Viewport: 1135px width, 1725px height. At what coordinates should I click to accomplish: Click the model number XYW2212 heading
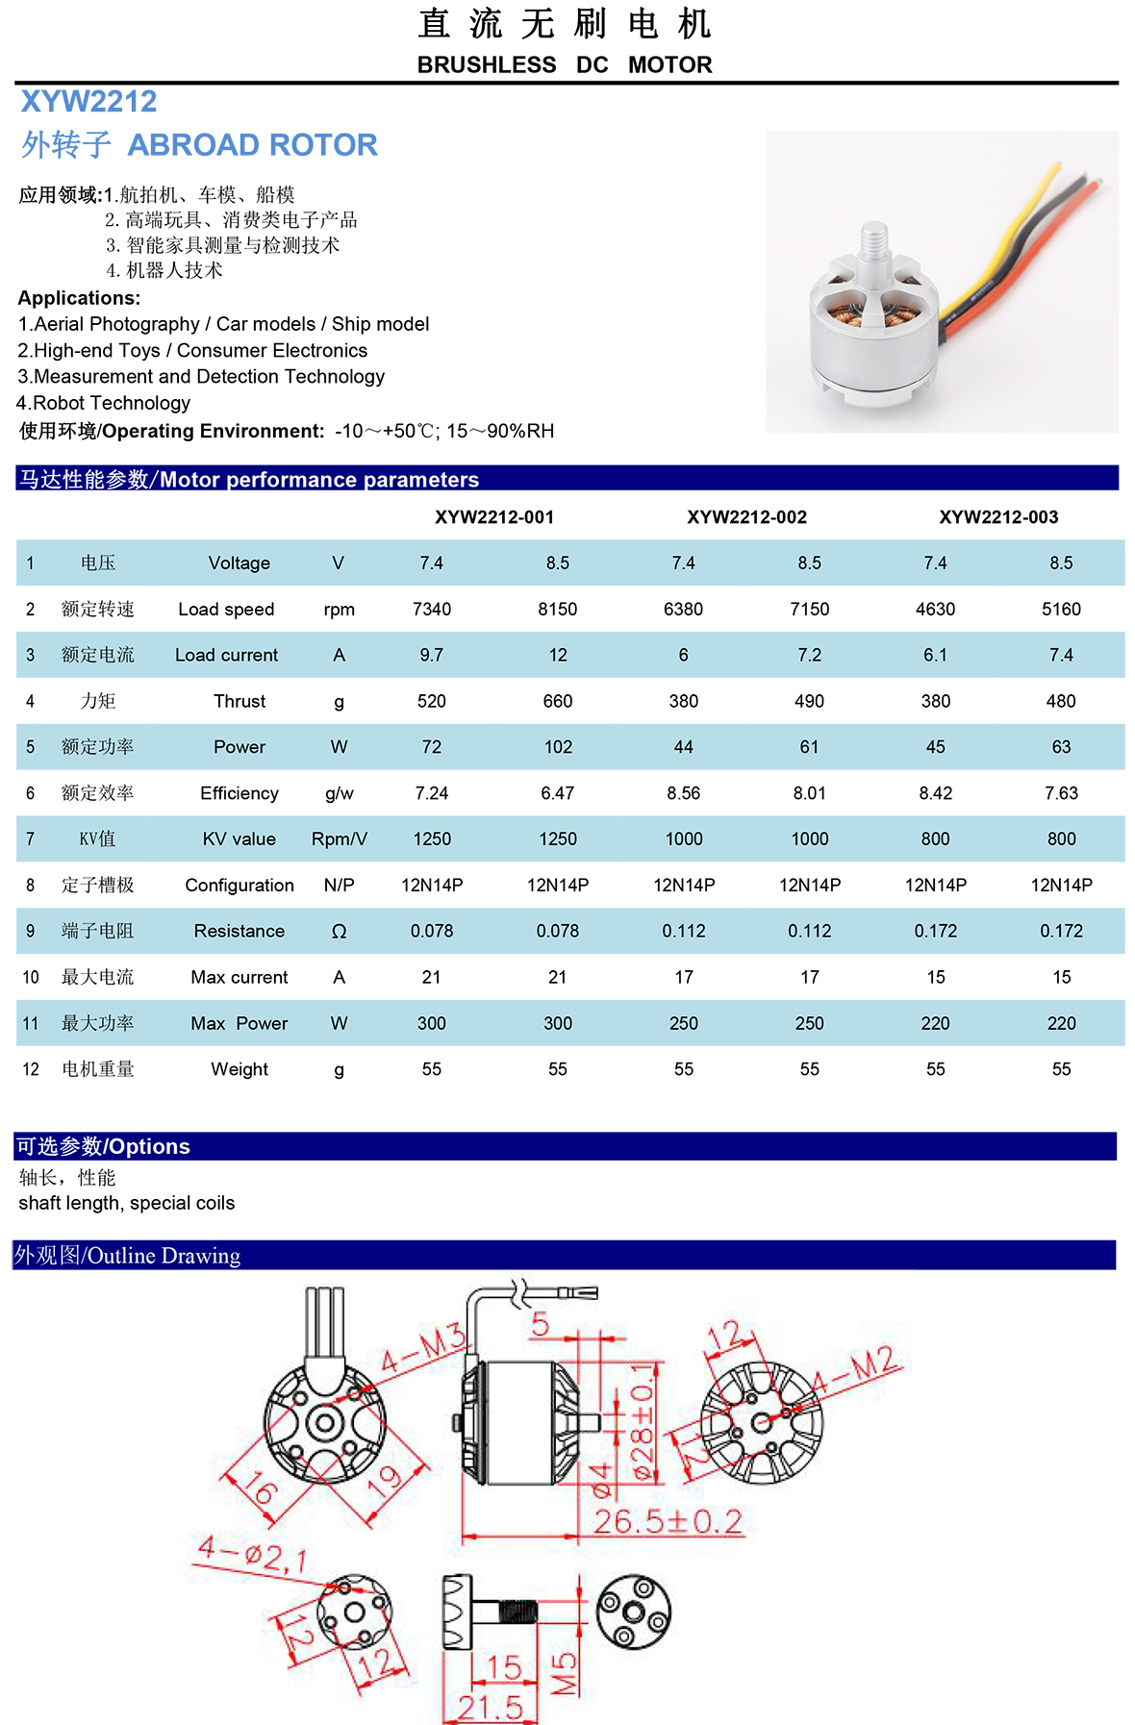(88, 101)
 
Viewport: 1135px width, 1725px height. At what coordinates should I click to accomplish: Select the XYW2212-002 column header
(746, 517)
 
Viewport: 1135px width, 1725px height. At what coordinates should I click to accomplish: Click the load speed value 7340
(431, 609)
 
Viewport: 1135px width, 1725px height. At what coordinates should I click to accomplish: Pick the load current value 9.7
(431, 655)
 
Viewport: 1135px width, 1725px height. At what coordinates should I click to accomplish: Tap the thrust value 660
(558, 701)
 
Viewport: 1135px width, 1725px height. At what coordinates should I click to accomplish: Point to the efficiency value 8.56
(683, 793)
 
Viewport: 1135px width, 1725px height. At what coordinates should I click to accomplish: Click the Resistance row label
(239, 931)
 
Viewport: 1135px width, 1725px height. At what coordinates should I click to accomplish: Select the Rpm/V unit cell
(339, 839)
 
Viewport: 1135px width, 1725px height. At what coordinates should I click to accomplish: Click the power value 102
(558, 747)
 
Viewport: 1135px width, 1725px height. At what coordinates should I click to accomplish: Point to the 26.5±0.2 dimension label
(668, 1521)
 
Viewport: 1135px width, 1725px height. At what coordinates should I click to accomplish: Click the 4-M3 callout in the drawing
(422, 1349)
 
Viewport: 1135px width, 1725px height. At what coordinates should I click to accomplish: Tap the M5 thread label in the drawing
(565, 1673)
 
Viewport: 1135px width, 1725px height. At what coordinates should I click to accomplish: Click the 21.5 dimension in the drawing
(490, 1708)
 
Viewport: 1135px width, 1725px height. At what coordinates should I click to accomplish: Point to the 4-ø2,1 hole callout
(252, 1552)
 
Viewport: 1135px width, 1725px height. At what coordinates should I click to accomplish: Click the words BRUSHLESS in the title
(486, 64)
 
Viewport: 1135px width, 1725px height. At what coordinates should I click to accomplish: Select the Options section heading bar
(566, 1146)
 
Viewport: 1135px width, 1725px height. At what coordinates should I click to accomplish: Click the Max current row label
(239, 977)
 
